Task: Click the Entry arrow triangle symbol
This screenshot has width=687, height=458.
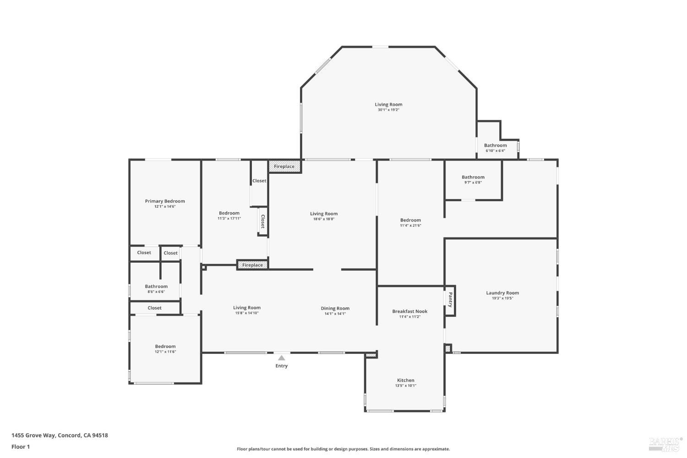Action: tap(282, 358)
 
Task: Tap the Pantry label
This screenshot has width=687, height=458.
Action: tap(450, 300)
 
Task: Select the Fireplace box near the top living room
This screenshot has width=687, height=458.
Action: tap(284, 166)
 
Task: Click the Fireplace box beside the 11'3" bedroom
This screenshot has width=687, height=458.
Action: tap(252, 265)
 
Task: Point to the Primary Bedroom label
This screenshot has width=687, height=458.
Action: tap(165, 201)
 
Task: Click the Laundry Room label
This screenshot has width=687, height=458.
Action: tap(502, 293)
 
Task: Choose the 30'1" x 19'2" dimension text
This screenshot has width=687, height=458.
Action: tap(388, 110)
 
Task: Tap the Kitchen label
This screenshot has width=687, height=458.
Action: tap(405, 380)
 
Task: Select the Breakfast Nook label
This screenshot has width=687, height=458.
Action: tap(409, 311)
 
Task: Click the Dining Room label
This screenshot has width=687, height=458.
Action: tap(335, 309)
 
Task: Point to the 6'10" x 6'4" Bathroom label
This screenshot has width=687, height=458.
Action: tap(495, 145)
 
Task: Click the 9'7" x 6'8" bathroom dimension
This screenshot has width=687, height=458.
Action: tap(473, 182)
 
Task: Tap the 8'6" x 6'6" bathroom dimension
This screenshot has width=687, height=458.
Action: tap(156, 292)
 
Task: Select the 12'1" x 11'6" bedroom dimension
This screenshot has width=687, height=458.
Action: tap(165, 352)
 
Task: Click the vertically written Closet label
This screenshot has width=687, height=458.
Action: tap(263, 221)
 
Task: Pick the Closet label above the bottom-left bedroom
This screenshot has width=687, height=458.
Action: tap(154, 308)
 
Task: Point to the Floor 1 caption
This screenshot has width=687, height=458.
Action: tap(21, 447)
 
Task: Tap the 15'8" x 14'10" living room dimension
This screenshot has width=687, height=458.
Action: tap(247, 313)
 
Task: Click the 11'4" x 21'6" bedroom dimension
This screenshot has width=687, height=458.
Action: tap(410, 226)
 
